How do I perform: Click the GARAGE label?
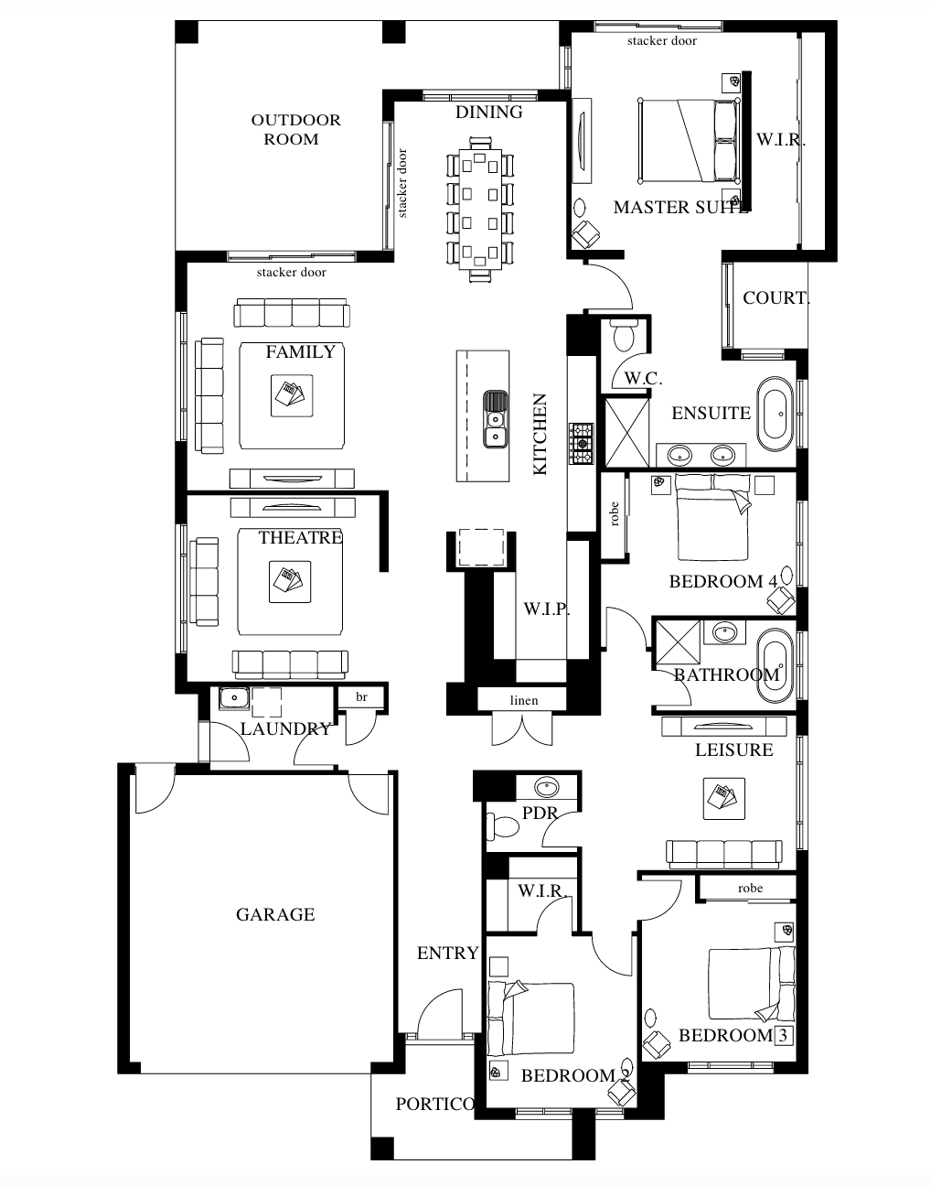[274, 914]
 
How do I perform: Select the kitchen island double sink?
[495, 419]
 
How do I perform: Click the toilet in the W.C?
[626, 336]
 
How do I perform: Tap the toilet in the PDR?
[503, 827]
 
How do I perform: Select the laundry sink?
[234, 697]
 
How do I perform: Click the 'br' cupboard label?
[361, 697]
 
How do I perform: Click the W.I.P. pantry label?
[546, 609]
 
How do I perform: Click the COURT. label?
[776, 297]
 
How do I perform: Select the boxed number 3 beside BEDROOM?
[783, 1036]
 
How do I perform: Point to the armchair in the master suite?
[583, 235]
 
